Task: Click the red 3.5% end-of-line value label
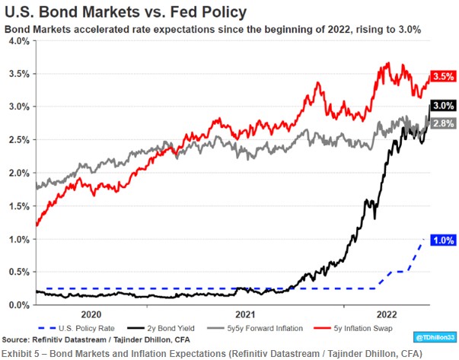(x=443, y=77)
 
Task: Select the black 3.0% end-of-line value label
(x=443, y=106)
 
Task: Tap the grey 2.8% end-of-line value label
(x=443, y=123)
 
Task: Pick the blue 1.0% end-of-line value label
(x=443, y=240)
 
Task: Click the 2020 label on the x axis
(x=91, y=314)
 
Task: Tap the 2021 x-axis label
(x=244, y=314)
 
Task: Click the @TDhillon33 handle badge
(x=434, y=336)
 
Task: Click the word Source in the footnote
(x=19, y=339)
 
